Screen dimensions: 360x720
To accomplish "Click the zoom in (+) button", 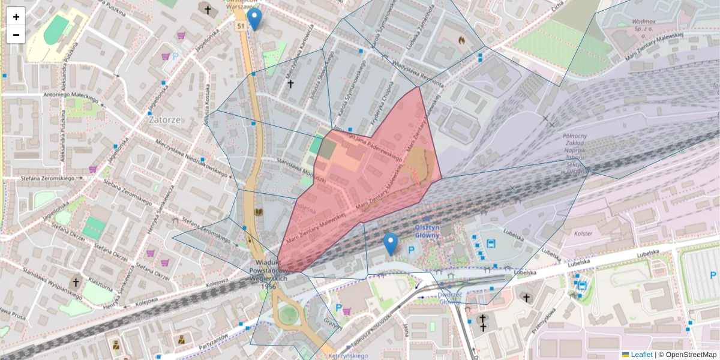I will tap(16, 17).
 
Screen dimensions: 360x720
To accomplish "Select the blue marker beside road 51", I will tap(255, 19).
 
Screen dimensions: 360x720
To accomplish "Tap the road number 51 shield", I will tap(240, 26).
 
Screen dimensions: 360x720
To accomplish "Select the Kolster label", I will tap(583, 233).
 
